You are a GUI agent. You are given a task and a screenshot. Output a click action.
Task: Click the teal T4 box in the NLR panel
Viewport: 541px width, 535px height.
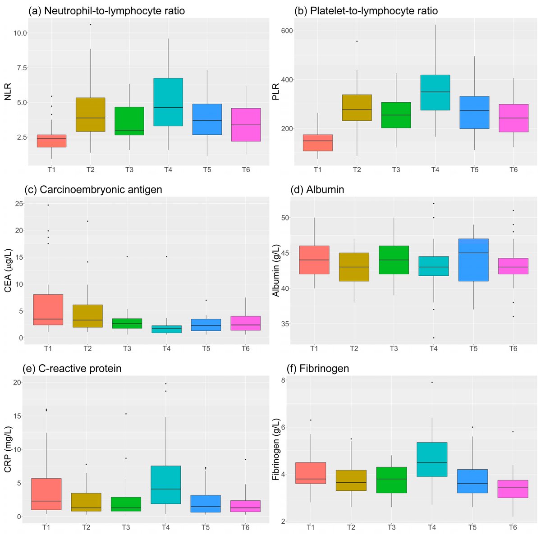point(168,102)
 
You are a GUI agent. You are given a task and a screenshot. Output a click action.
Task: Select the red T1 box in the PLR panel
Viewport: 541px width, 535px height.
point(318,142)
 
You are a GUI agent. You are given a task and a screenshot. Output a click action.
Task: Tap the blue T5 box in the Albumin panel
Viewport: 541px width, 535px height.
point(473,260)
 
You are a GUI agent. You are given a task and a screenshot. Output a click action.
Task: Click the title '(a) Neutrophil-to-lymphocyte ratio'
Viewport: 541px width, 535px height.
point(106,11)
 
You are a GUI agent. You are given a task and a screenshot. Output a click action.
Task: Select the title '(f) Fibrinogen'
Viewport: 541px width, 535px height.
point(321,368)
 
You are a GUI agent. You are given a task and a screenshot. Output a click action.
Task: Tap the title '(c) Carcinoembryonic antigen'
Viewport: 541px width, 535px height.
point(93,190)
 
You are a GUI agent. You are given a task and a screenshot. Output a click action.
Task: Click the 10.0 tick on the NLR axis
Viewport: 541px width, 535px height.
point(20,33)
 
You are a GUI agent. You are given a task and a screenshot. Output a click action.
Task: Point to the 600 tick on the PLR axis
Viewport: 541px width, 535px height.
point(281,31)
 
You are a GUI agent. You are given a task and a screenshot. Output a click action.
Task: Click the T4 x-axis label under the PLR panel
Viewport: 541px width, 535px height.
point(435,169)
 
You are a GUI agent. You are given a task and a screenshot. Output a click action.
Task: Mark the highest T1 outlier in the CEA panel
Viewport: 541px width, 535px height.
point(48,205)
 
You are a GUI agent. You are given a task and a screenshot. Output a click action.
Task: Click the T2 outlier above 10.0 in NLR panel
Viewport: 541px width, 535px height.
point(90,24)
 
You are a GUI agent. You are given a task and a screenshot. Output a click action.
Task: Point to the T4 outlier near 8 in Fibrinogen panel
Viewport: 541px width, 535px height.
point(432,382)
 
